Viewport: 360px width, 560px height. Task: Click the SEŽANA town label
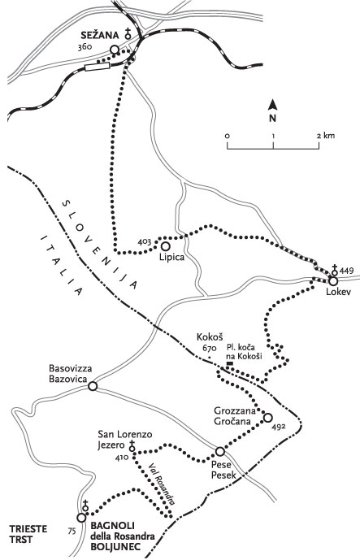coord(100,35)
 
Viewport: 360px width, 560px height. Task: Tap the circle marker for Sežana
coord(115,50)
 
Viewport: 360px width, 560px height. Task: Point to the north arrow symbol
coord(273,105)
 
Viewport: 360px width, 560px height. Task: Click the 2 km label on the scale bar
coord(325,136)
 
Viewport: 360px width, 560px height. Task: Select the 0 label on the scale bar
coord(228,136)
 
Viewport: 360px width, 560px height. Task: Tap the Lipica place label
coord(172,257)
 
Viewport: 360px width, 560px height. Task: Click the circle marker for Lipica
coord(165,246)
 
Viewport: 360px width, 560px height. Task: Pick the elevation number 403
coord(145,241)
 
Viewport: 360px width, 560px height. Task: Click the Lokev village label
coord(339,292)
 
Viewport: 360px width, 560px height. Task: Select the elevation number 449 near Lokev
coord(346,270)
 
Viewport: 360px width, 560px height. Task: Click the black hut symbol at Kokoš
coord(230,363)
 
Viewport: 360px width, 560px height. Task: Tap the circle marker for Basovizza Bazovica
coord(93,386)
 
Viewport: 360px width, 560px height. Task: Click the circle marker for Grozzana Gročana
coord(267,418)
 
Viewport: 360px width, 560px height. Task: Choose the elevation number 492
coord(278,427)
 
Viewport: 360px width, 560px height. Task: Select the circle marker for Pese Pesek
coord(220,452)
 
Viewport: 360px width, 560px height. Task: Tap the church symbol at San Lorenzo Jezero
coord(132,445)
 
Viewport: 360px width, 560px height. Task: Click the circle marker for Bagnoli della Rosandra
coord(81,518)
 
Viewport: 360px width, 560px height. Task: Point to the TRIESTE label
coord(28,529)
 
